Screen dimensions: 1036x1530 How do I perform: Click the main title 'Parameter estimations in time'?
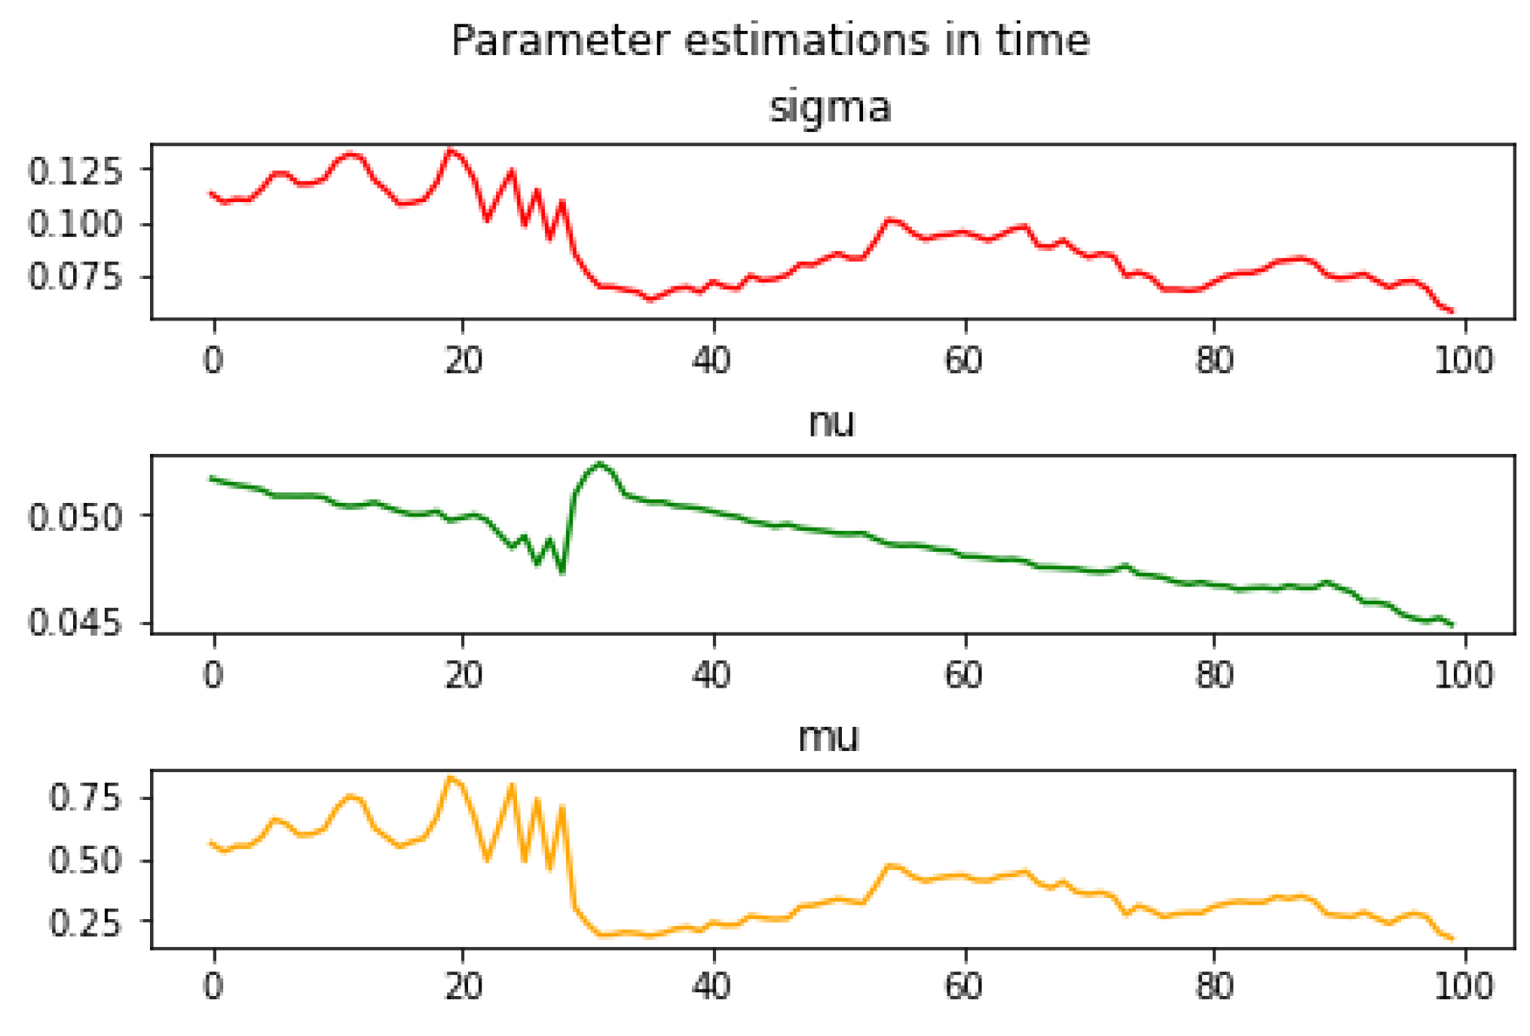(770, 41)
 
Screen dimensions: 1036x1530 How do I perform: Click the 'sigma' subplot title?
(830, 107)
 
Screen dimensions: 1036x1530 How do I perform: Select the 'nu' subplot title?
(831, 422)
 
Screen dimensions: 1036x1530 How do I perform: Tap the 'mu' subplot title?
(828, 737)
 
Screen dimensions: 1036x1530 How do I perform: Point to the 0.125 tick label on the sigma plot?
(75, 171)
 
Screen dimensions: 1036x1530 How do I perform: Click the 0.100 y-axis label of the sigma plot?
(75, 224)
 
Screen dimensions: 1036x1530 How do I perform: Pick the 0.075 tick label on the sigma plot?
(75, 277)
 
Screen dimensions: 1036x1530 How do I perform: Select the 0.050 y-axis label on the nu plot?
(75, 517)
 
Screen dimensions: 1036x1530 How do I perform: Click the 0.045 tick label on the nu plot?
(75, 623)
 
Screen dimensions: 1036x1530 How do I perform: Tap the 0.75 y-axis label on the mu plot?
(84, 797)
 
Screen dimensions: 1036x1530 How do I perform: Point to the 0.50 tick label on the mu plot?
(84, 860)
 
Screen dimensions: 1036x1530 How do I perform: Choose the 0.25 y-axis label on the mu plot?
(84, 922)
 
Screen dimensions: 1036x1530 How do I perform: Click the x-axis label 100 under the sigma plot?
(1463, 360)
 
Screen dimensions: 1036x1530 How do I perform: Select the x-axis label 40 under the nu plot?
(711, 675)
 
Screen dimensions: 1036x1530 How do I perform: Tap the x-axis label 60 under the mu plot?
(963, 986)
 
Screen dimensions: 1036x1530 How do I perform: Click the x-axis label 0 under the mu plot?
(214, 986)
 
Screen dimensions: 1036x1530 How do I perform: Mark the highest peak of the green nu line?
(600, 464)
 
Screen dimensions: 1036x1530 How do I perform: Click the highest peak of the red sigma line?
(451, 150)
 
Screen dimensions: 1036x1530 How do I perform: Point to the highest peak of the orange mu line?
(451, 777)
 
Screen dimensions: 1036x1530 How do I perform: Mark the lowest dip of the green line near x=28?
(562, 572)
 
